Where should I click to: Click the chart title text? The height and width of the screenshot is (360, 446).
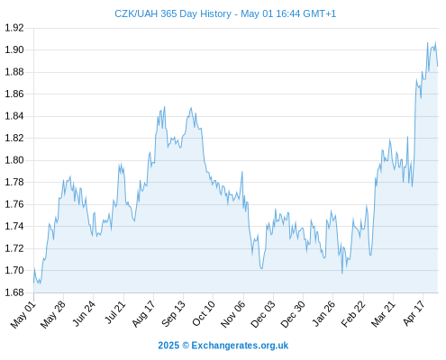click(x=225, y=13)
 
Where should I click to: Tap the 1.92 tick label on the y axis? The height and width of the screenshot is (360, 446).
click(x=14, y=28)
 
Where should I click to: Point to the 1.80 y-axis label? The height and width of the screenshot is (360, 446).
click(x=14, y=160)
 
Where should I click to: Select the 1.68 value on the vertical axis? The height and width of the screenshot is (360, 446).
click(x=14, y=292)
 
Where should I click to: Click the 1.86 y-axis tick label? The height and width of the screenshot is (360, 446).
click(x=14, y=94)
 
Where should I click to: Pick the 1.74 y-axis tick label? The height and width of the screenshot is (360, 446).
click(x=14, y=226)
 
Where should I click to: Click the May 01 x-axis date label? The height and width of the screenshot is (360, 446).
click(x=23, y=315)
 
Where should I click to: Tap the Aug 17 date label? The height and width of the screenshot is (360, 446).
click(x=143, y=314)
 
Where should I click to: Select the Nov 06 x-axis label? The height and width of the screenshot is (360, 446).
click(x=233, y=314)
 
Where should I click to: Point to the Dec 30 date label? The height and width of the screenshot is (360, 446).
click(x=293, y=314)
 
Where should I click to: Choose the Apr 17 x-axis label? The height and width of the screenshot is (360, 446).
click(x=414, y=313)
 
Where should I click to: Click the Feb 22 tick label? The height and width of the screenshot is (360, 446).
click(x=353, y=314)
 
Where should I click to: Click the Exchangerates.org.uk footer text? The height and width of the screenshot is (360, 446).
click(x=240, y=346)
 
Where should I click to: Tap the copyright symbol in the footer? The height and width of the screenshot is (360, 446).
click(x=186, y=346)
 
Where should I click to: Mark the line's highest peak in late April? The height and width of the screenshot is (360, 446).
click(x=435, y=42)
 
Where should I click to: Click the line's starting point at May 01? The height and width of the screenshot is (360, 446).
click(x=33, y=283)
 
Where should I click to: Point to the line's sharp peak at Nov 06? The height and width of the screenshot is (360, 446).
click(x=242, y=172)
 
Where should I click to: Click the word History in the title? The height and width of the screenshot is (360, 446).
click(x=215, y=14)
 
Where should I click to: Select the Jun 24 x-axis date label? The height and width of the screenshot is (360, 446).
click(x=84, y=314)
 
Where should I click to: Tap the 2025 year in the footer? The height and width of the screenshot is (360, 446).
click(x=168, y=346)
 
